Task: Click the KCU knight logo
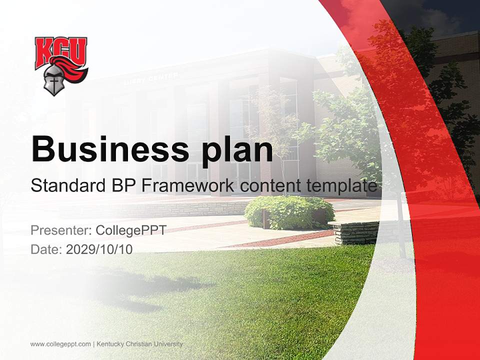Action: point(61,65)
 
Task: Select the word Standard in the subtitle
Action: point(67,185)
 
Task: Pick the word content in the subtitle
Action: point(269,185)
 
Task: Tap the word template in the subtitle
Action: point(341,185)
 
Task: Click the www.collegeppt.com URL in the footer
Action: point(60,344)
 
